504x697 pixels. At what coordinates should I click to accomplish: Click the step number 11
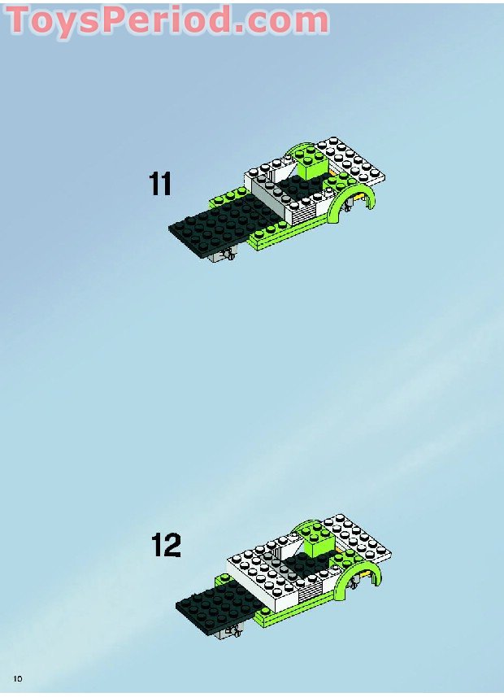tap(160, 184)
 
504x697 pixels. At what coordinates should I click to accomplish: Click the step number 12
tap(166, 545)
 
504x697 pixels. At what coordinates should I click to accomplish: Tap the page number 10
tap(18, 679)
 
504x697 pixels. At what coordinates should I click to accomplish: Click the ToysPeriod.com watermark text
tap(167, 20)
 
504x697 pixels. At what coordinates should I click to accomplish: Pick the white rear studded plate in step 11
tap(351, 161)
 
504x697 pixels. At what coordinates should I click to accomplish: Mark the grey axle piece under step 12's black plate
tap(228, 631)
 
